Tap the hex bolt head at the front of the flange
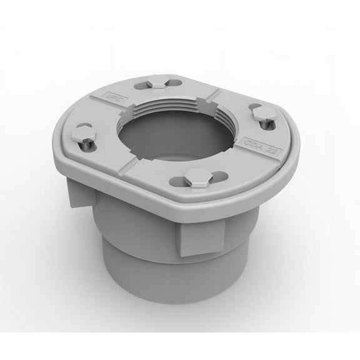point(198,178)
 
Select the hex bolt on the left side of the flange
point(82,134)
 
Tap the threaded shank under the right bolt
point(267,124)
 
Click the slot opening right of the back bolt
point(175,82)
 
